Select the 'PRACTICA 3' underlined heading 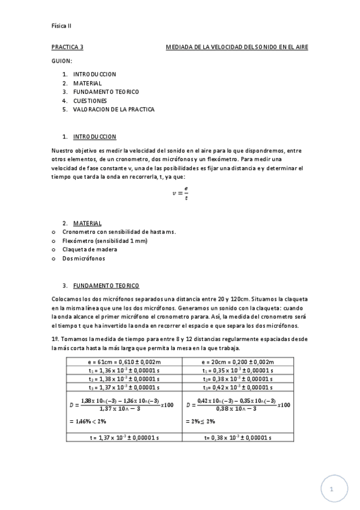click(x=67, y=48)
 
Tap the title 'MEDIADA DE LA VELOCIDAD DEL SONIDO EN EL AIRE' click(x=236, y=48)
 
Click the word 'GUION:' click(x=62, y=61)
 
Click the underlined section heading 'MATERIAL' click(x=87, y=223)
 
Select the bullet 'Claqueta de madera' click(x=90, y=249)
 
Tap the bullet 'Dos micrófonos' click(x=84, y=258)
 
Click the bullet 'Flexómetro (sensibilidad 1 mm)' click(x=97, y=241)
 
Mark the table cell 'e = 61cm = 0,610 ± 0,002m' click(x=124, y=362)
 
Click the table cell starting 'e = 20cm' click(x=238, y=362)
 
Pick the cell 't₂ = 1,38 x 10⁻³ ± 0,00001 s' click(x=124, y=379)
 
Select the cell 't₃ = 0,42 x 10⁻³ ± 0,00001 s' click(x=238, y=388)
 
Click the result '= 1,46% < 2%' click(x=84, y=422)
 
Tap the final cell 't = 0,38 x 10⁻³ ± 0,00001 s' click(x=238, y=438)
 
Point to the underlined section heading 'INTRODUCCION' click(x=94, y=137)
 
